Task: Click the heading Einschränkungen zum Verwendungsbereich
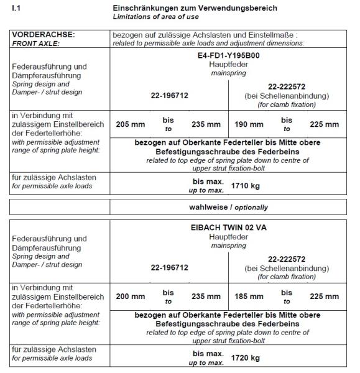(x=195, y=7)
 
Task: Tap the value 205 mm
(x=131, y=124)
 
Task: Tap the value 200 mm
(x=131, y=297)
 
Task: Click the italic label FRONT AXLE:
(x=31, y=44)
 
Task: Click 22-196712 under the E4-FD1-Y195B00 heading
(x=169, y=95)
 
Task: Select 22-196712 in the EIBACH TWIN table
(x=169, y=268)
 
